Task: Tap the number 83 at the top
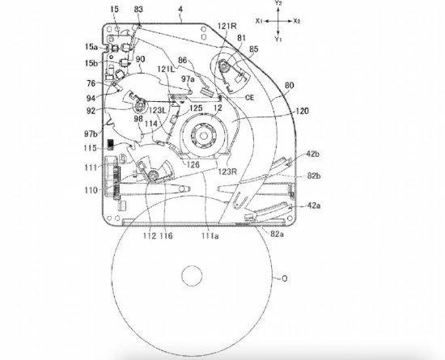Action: pos(140,8)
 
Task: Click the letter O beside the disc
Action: pos(284,279)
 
